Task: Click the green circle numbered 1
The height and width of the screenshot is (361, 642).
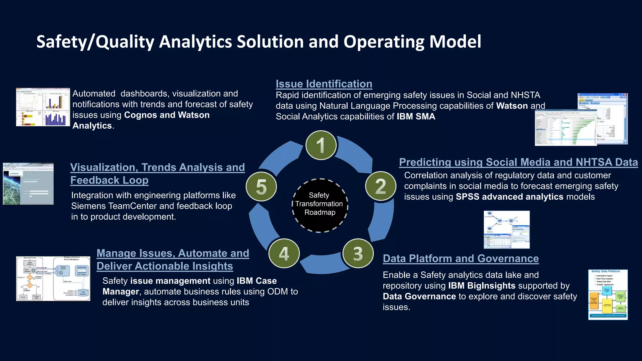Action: pyautogui.click(x=321, y=145)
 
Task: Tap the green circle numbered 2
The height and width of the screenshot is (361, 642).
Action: pyautogui.click(x=381, y=186)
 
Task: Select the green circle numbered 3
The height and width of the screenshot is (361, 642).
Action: pyautogui.click(x=358, y=254)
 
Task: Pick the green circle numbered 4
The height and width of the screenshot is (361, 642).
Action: pyautogui.click(x=284, y=254)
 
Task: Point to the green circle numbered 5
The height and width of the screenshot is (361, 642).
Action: pyautogui.click(x=261, y=187)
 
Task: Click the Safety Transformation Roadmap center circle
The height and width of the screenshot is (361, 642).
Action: pyautogui.click(x=320, y=205)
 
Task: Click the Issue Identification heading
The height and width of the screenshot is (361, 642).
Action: pyautogui.click(x=324, y=84)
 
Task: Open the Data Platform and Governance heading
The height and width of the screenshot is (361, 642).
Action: pyautogui.click(x=460, y=259)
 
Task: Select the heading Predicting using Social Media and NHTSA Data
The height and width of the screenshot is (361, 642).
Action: pyautogui.click(x=518, y=162)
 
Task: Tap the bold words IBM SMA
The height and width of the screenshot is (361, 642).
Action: pyautogui.click(x=416, y=117)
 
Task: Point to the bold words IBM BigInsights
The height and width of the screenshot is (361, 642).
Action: pyautogui.click(x=481, y=286)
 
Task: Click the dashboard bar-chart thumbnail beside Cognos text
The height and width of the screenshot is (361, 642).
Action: pyautogui.click(x=43, y=107)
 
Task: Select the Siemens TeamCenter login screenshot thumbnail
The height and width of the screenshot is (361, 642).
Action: pyautogui.click(x=28, y=184)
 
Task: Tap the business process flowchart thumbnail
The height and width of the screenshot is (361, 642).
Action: pyautogui.click(x=53, y=279)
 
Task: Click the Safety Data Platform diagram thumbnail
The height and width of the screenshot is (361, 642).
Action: pyautogui.click(x=608, y=295)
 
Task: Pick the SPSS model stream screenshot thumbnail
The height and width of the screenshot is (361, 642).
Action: pyautogui.click(x=507, y=230)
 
